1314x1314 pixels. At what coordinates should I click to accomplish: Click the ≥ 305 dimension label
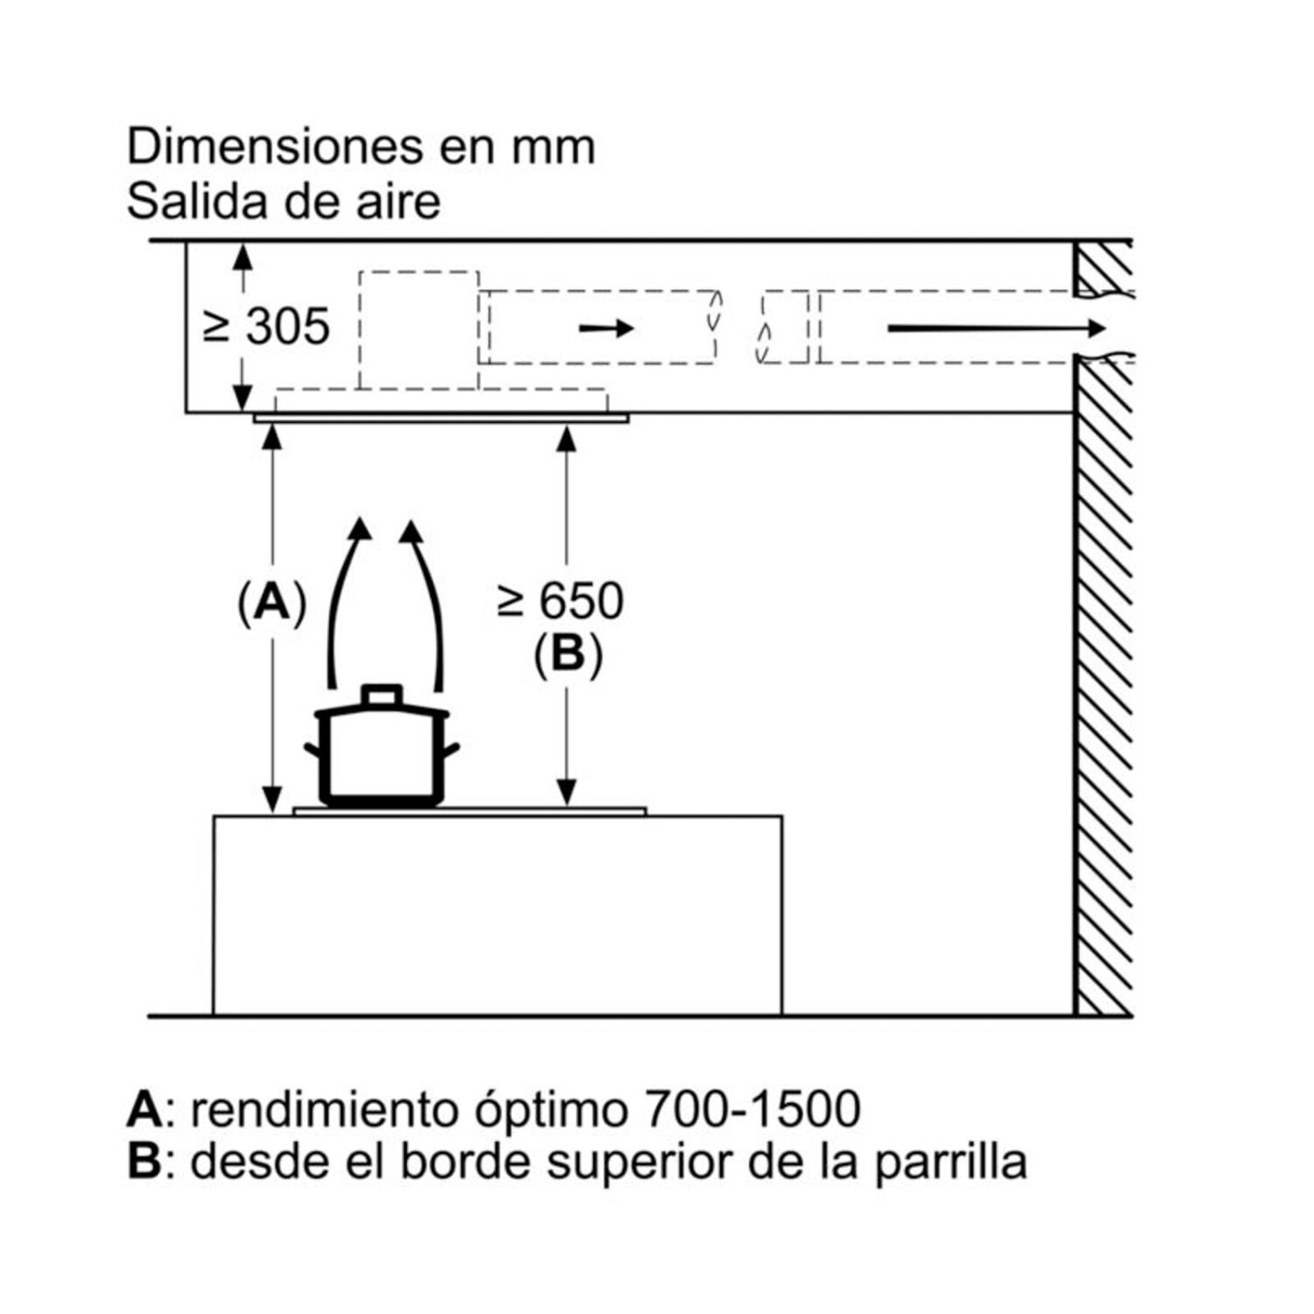point(266,327)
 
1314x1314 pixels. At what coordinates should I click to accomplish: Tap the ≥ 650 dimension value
point(561,601)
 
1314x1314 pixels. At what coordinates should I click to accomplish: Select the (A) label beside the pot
point(272,603)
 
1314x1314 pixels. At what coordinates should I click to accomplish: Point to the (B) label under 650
point(568,653)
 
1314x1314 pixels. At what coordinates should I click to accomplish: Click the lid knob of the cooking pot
point(382,695)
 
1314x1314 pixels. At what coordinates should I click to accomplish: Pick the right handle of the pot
point(451,750)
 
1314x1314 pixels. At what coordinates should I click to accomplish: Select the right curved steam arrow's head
point(411,531)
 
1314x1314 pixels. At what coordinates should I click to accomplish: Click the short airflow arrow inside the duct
point(606,328)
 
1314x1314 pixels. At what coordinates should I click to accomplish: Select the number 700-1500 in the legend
point(752,1109)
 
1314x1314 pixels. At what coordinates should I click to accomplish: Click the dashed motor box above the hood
point(419,328)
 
